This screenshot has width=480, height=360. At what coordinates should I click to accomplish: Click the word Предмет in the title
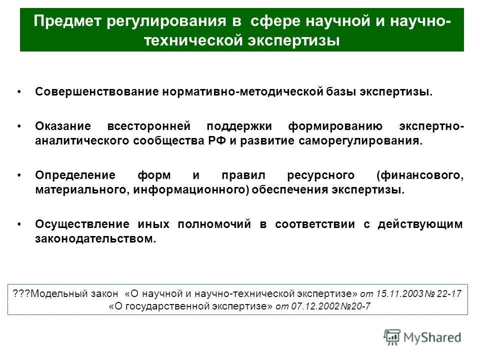[x=65, y=22]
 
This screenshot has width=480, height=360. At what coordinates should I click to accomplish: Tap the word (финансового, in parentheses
[x=420, y=175]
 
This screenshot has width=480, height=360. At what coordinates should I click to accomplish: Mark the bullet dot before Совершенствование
[x=19, y=93]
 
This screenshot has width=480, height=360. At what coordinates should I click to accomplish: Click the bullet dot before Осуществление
[x=19, y=225]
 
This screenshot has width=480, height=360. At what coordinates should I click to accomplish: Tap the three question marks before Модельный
[x=21, y=293]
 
